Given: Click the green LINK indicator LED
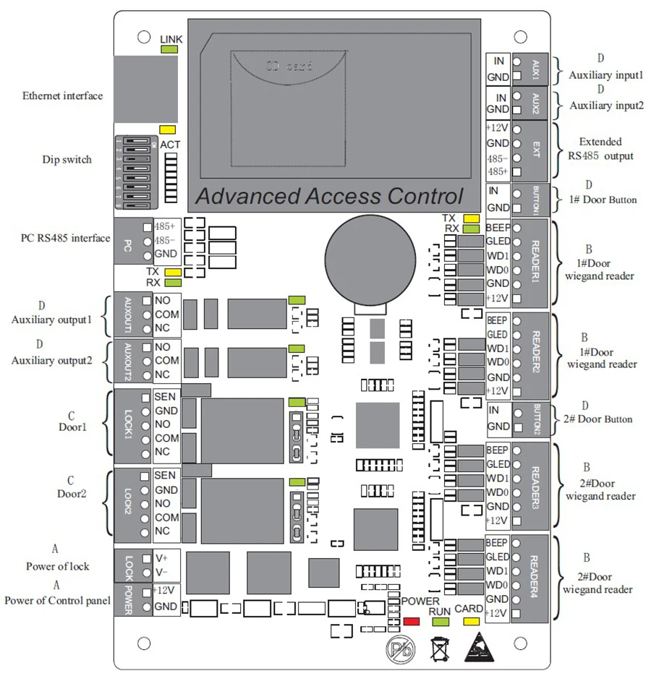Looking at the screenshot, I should click(x=169, y=49).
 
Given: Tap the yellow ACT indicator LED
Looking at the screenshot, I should click(x=167, y=129).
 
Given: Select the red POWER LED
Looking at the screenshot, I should click(x=412, y=621).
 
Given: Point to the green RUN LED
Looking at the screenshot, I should click(x=440, y=621).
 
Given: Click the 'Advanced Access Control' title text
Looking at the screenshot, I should click(x=329, y=196).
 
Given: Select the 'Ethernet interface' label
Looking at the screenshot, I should click(x=62, y=95).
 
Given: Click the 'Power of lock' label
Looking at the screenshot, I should click(x=58, y=566).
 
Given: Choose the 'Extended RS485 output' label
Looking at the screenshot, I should click(x=601, y=149).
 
